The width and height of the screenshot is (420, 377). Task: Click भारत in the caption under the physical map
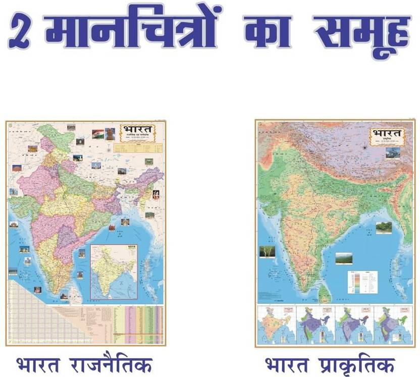click(285, 364)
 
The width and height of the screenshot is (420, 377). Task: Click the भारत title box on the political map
click(137, 133)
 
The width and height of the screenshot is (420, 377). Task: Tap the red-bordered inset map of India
click(114, 272)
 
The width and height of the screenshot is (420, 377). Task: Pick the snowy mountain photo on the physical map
click(393, 153)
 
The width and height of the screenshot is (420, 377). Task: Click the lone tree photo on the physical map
click(266, 251)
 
